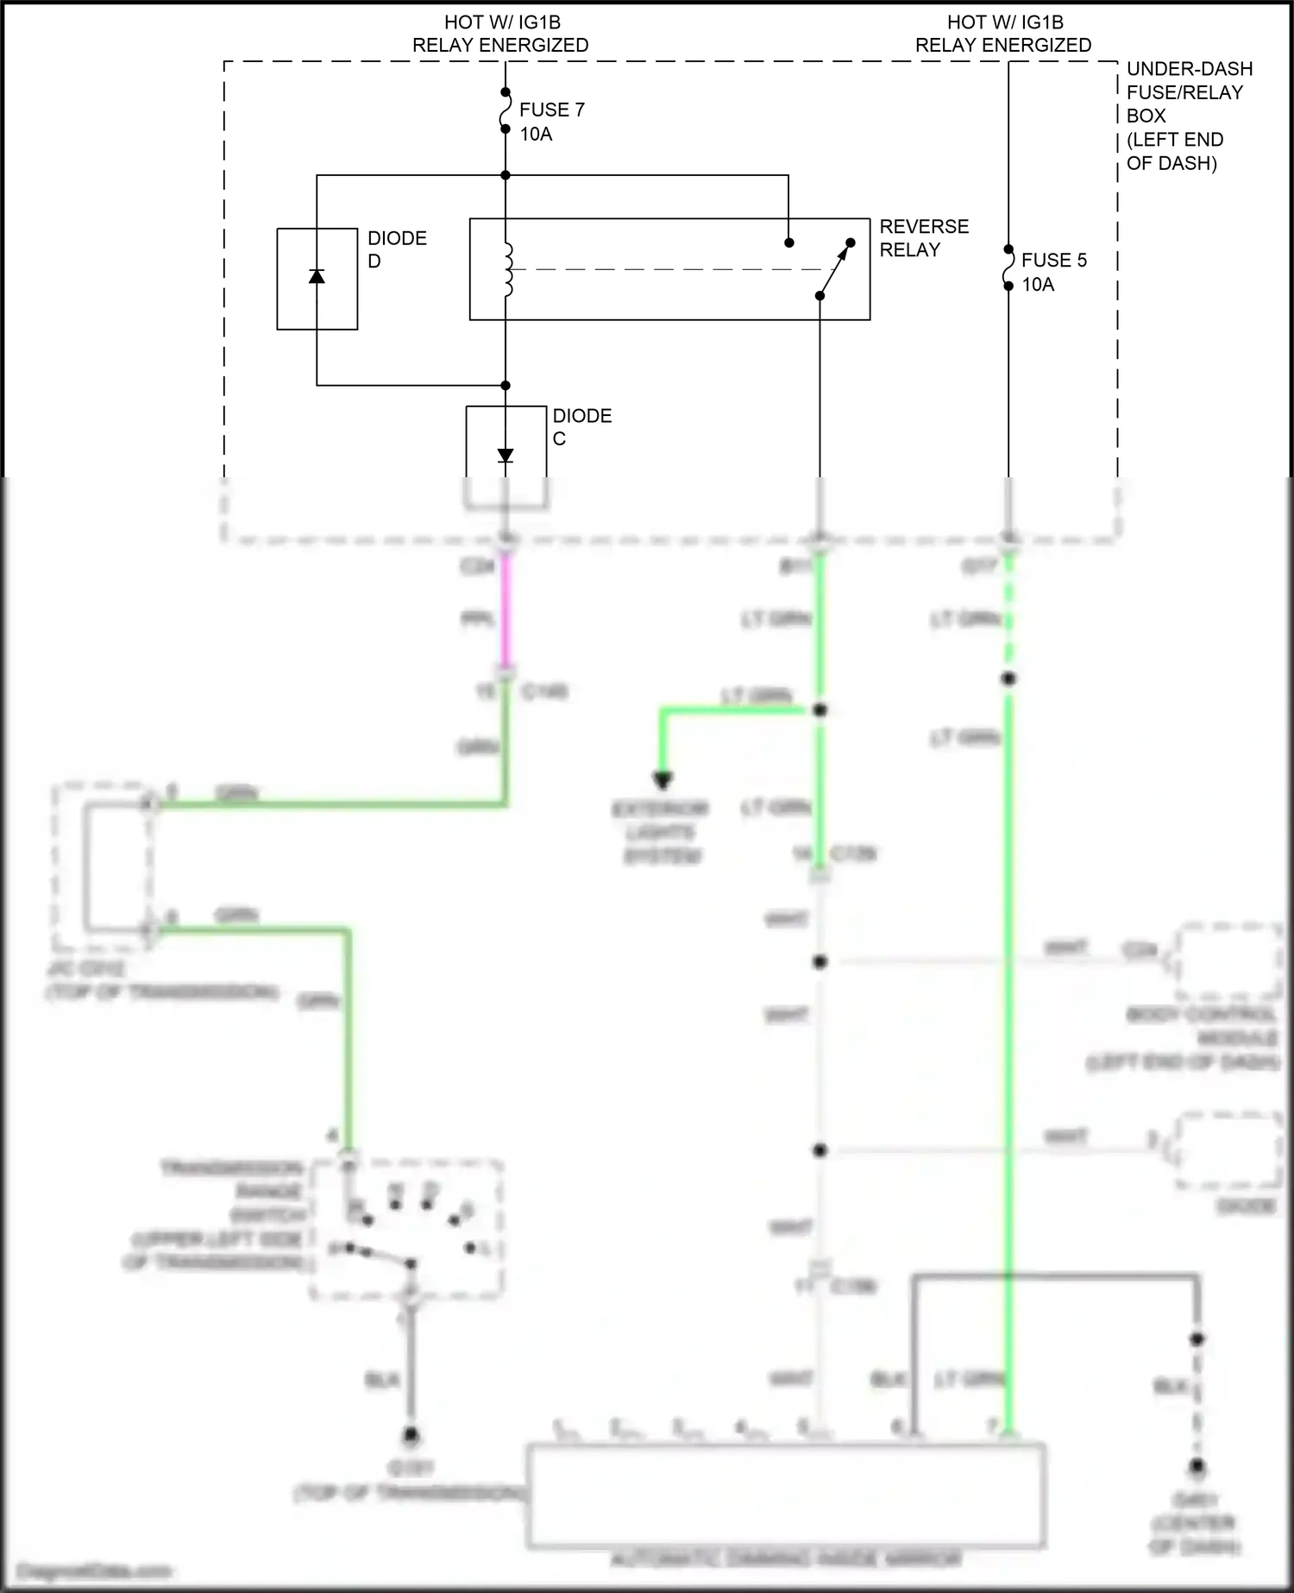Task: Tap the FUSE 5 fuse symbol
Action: click(1008, 268)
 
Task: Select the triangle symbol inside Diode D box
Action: click(317, 276)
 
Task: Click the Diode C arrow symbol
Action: click(506, 456)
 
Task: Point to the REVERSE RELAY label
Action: click(923, 238)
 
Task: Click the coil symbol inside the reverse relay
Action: click(507, 270)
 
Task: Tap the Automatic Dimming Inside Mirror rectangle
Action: click(786, 1494)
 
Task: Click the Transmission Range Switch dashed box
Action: click(406, 1229)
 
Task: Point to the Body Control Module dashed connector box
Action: click(1226, 960)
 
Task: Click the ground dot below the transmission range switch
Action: click(411, 1437)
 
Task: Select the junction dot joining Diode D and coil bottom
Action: click(506, 385)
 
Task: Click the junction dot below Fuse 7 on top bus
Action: click(506, 175)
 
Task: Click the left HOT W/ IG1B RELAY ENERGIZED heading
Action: click(500, 34)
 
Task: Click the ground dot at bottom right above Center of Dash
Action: click(1197, 1466)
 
